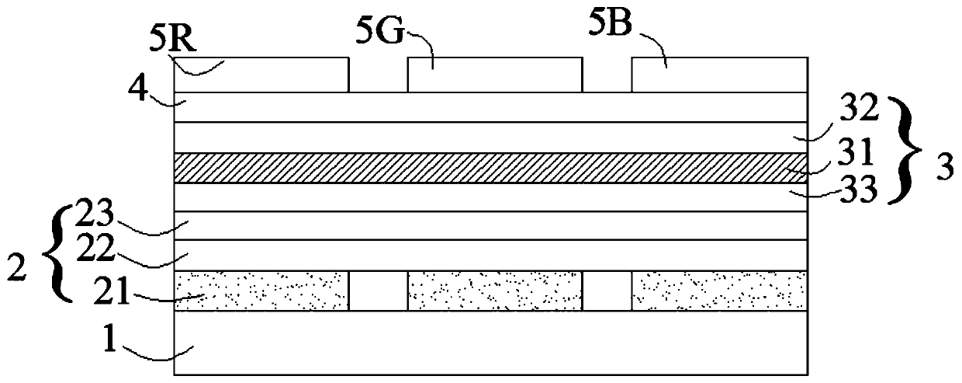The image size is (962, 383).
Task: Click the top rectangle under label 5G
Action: click(x=494, y=75)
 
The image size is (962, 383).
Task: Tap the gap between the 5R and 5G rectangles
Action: click(x=378, y=76)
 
